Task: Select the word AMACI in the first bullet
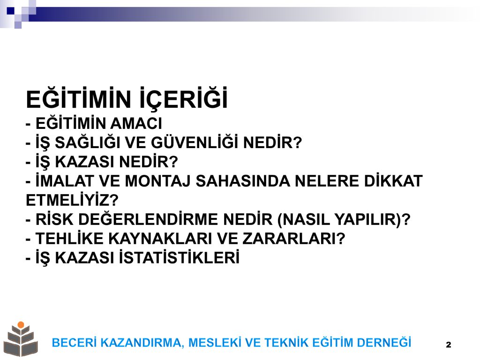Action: (136, 124)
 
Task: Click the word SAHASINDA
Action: (243, 181)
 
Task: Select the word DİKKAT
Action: (393, 180)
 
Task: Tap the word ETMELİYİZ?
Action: (72, 200)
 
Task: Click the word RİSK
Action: (54, 219)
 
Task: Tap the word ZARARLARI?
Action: (294, 239)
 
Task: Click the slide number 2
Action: (449, 345)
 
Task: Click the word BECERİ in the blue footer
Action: (75, 342)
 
